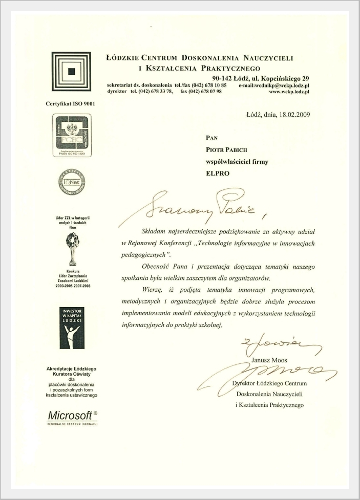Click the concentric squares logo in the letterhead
point(72,71)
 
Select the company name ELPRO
point(217,173)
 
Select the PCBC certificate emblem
point(72,135)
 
